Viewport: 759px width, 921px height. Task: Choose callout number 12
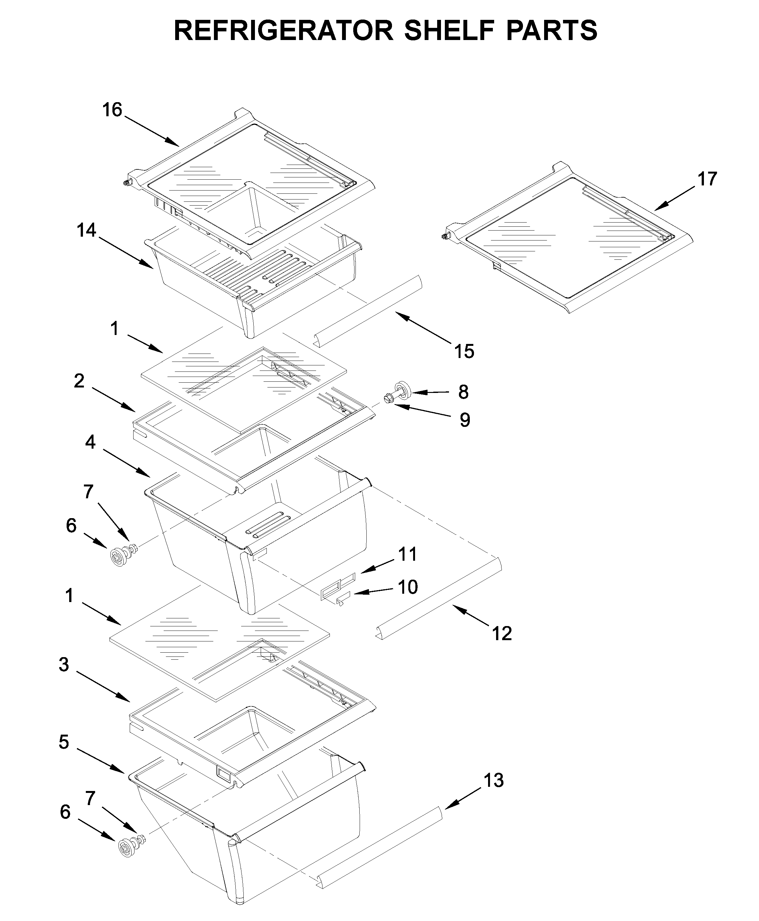(502, 633)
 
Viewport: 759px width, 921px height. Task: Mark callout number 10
(407, 587)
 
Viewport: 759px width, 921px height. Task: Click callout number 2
(79, 381)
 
